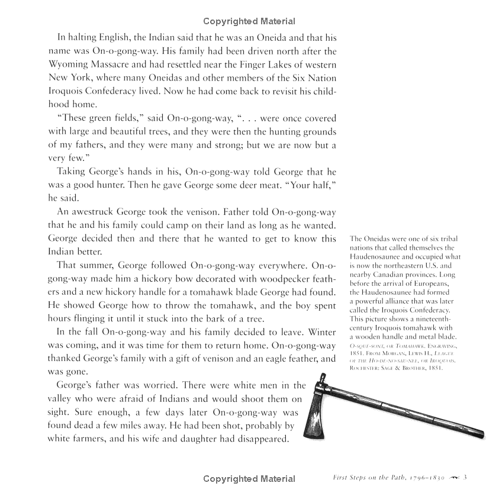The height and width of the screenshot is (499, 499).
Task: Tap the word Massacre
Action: (x=117, y=65)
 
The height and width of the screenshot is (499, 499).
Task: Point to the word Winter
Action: (x=320, y=333)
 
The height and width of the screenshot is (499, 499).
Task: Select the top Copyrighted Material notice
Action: (x=249, y=22)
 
